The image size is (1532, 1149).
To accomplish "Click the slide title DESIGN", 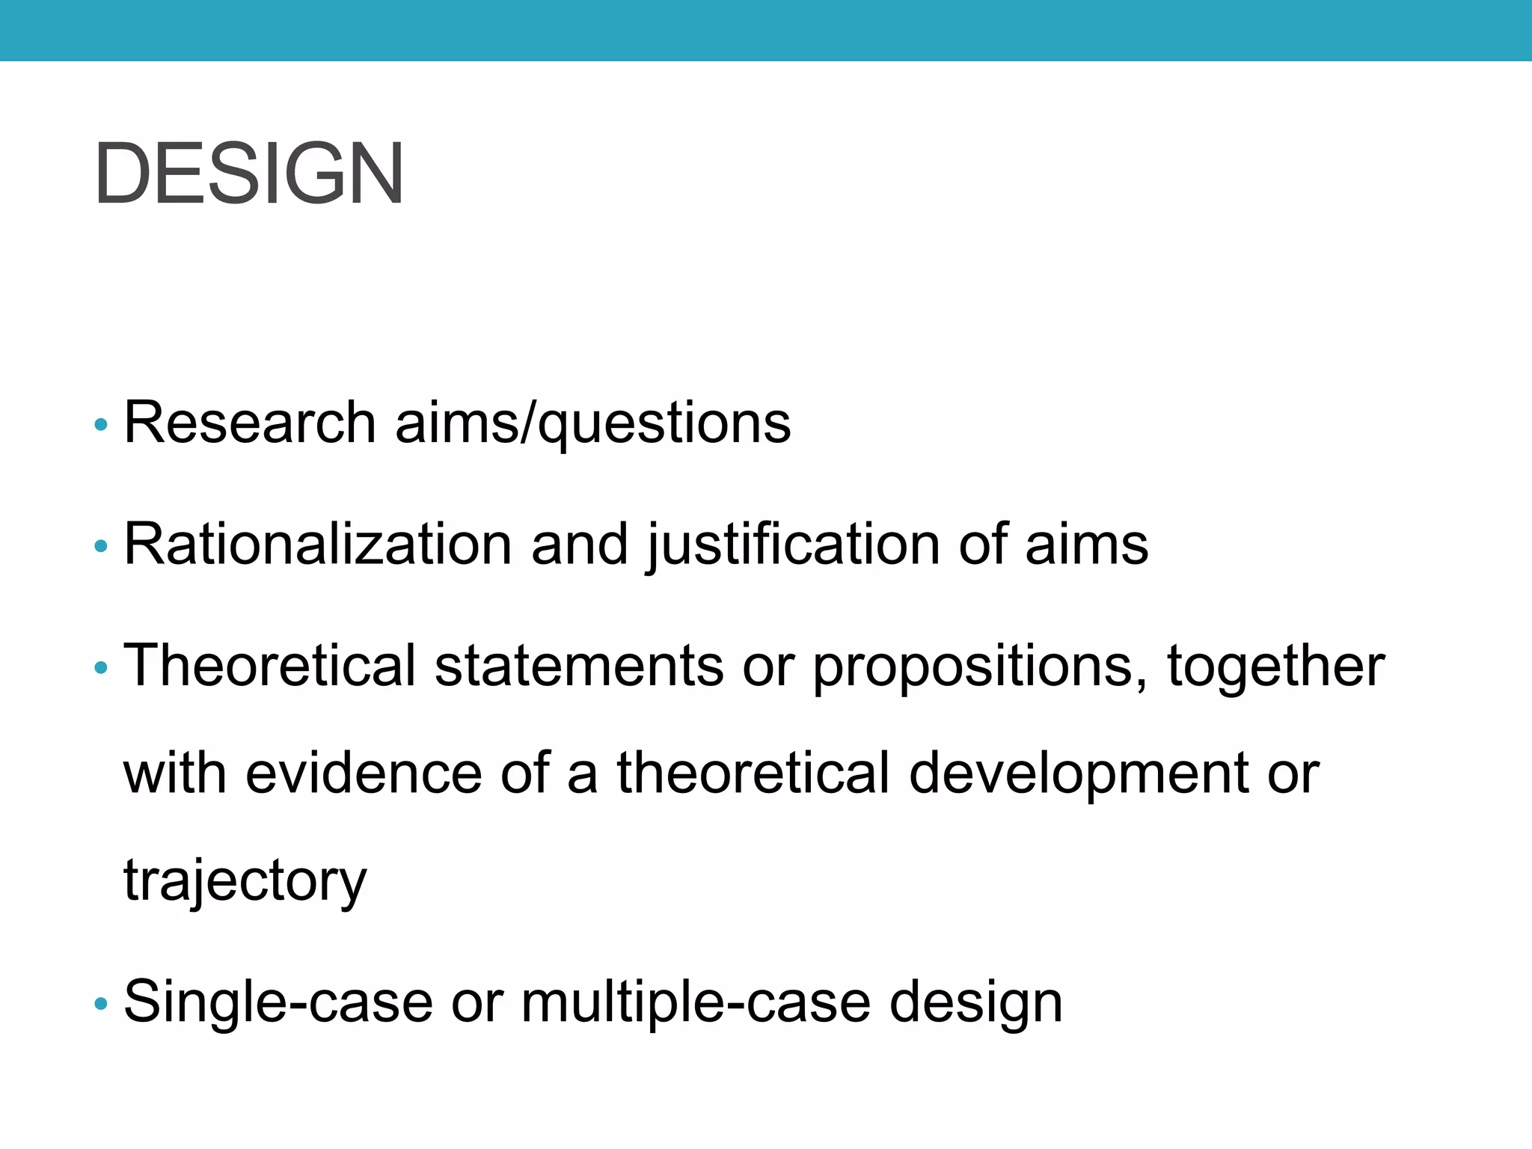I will (249, 174).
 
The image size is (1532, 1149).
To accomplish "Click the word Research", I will (249, 423).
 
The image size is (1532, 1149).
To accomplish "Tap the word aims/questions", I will (592, 424).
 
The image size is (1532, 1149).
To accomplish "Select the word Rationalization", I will (317, 544).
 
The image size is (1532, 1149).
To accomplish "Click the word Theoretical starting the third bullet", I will (269, 665).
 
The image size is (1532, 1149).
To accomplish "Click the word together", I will (1275, 665).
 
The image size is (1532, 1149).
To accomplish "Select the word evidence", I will (364, 773).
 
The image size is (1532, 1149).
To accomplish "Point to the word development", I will (1077, 774).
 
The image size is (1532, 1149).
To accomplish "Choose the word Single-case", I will (278, 1002).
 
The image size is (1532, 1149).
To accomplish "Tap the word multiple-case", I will (696, 1002).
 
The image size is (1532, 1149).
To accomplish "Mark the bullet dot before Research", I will (101, 426).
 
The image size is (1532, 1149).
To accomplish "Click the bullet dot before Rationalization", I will (101, 547).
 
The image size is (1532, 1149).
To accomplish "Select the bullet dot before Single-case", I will (101, 1004).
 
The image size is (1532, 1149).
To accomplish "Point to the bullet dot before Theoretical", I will (101, 667).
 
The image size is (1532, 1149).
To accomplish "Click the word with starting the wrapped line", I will (174, 773).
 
